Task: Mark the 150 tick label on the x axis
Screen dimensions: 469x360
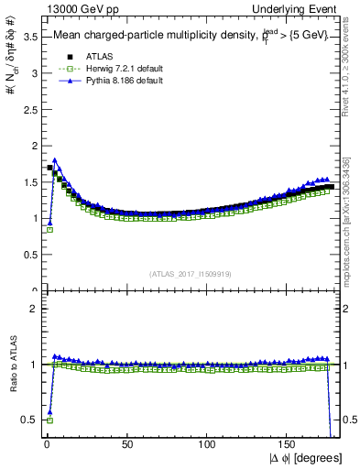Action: (x=288, y=445)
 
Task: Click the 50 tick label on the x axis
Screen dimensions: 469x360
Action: (x=127, y=445)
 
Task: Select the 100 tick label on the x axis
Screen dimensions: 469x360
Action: (x=208, y=445)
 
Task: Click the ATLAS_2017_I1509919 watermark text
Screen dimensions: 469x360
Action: (x=191, y=273)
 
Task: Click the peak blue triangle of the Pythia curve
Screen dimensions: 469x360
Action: (x=55, y=160)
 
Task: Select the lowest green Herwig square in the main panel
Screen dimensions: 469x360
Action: (x=49, y=230)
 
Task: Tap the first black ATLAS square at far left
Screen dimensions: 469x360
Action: (x=49, y=168)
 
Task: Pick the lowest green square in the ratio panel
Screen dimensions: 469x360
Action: (x=49, y=420)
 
